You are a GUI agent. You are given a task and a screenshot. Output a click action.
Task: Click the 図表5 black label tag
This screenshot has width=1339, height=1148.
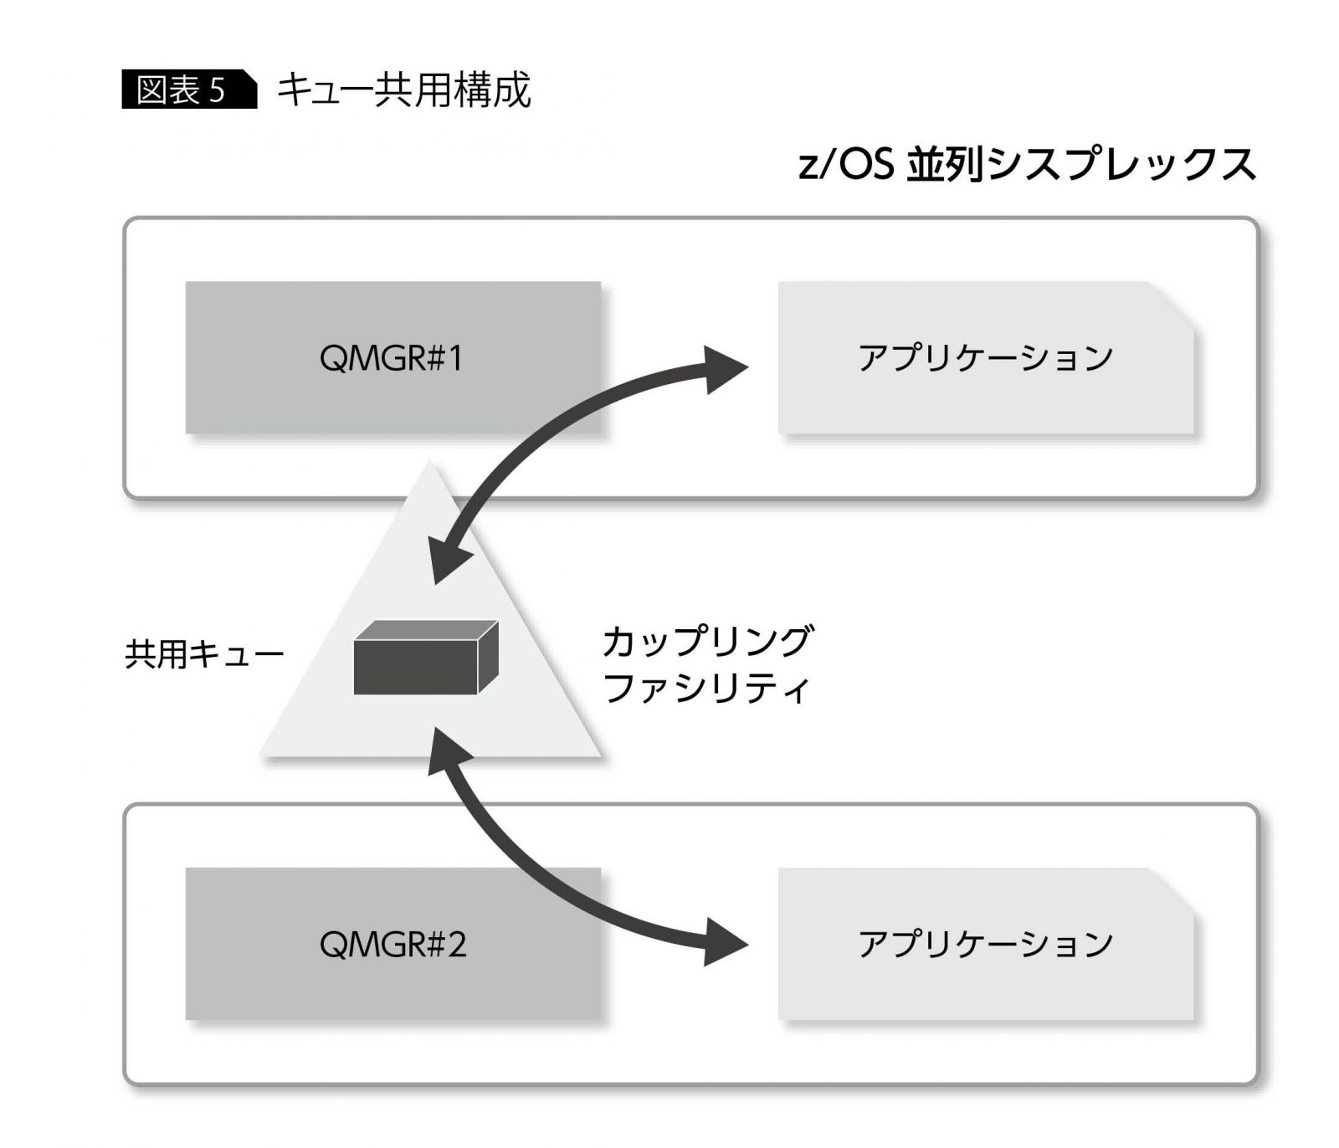(188, 90)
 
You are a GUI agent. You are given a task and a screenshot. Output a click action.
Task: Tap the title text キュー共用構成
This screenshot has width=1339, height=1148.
(403, 90)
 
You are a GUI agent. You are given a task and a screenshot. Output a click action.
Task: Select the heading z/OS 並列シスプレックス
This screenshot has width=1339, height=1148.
(1027, 163)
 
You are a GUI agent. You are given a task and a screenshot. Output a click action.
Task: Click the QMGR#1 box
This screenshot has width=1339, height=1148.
(392, 358)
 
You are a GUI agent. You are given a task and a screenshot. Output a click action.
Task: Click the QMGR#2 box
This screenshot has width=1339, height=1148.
(392, 944)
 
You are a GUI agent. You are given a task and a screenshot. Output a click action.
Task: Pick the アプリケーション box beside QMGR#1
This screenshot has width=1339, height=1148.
(985, 358)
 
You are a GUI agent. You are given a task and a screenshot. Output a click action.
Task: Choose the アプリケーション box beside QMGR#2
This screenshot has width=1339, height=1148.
(985, 944)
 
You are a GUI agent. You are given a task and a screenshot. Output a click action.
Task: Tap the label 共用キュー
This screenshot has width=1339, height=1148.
(204, 654)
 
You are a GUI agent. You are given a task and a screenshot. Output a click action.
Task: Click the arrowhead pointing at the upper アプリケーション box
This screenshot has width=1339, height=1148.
(724, 368)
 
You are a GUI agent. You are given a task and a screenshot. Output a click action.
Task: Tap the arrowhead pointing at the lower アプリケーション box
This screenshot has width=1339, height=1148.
(724, 942)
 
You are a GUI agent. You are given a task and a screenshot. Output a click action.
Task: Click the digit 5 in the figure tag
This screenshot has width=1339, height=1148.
(218, 90)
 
